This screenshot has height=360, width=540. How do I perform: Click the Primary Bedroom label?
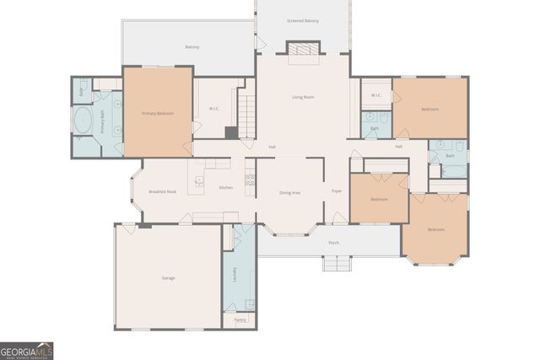[158, 113]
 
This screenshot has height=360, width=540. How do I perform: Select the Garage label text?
[169, 277]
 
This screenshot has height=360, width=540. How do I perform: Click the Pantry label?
[240, 320]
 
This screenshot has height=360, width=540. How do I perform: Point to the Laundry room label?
[235, 274]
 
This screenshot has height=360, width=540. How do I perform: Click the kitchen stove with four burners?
[250, 180]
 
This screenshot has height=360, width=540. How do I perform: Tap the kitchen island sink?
[199, 181]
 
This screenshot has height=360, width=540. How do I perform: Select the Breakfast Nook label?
[162, 191]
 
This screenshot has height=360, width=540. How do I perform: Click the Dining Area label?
[290, 193]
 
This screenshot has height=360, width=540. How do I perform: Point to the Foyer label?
[336, 191]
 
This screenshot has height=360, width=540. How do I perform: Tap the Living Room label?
[303, 97]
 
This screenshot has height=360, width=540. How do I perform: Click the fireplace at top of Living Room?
[303, 52]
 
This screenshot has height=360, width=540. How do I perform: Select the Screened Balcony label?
[303, 20]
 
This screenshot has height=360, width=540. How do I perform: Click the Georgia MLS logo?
[26, 350]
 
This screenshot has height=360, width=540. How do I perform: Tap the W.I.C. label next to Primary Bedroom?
[214, 108]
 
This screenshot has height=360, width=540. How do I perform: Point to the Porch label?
[333, 243]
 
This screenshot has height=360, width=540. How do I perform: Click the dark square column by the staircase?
[231, 132]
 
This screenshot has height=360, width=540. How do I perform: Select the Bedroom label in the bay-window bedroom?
[435, 229]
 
